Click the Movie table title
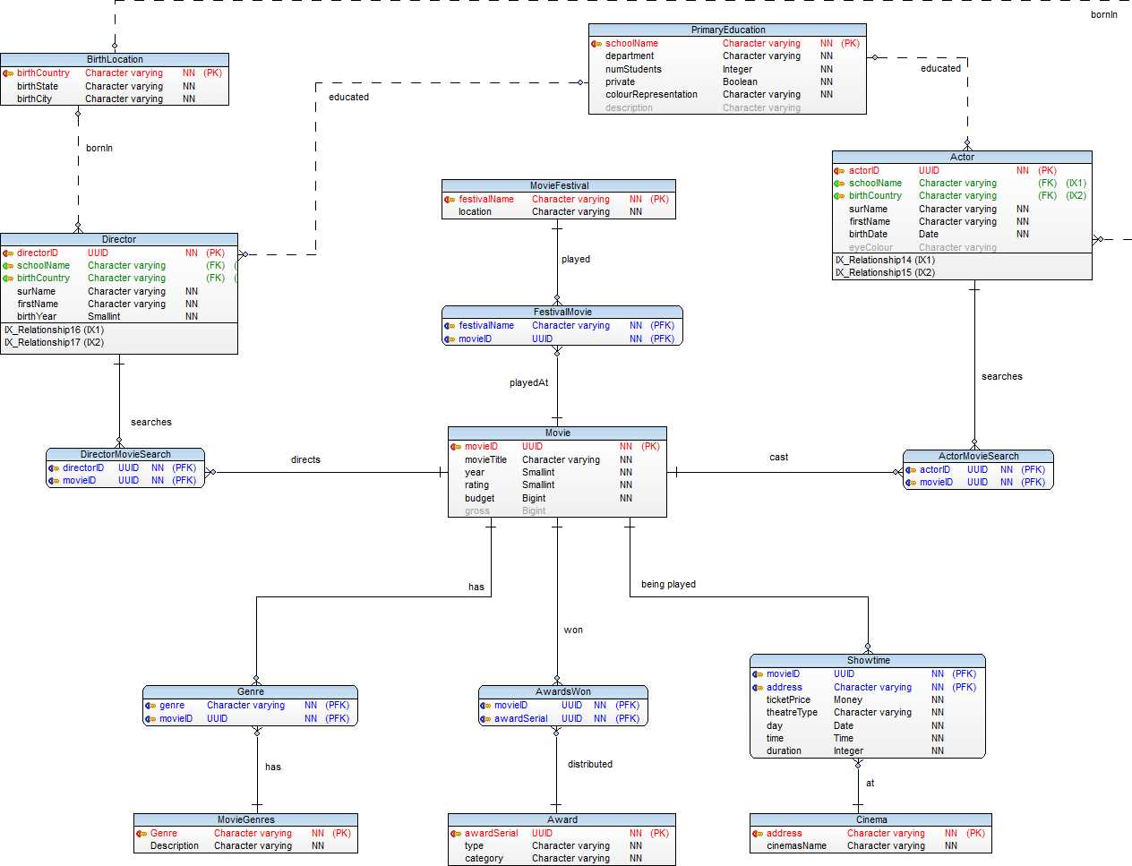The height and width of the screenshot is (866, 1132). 557,433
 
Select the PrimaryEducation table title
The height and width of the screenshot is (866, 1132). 727,30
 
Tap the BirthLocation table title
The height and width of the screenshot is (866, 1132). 115,59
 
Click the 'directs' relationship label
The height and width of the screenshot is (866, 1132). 305,459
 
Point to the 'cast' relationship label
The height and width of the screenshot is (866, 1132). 778,457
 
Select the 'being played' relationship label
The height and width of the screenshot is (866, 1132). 668,584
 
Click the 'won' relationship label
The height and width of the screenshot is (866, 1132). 573,630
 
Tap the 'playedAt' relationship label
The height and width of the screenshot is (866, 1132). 528,382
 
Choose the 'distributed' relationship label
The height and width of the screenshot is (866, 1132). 589,764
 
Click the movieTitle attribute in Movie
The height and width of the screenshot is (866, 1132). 485,459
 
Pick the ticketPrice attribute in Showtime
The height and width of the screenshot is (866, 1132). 788,699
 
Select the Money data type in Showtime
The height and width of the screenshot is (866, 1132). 847,699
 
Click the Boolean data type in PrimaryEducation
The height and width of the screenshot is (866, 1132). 740,81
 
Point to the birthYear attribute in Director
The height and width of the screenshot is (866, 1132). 37,316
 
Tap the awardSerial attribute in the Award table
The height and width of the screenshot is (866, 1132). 491,833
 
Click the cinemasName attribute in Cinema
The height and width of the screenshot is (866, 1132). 796,845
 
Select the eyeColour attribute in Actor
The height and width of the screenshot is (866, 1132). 870,247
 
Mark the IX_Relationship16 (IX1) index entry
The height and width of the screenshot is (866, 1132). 54,330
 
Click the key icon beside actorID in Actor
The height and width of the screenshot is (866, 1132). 839,170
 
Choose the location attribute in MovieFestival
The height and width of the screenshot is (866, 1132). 475,211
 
